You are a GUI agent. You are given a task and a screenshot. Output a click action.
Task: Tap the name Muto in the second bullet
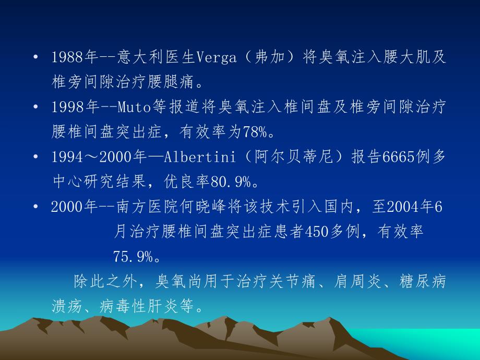(134, 107)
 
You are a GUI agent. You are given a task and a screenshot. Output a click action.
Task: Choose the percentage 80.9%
(233, 182)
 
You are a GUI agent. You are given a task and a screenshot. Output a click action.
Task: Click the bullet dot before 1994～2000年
(35, 157)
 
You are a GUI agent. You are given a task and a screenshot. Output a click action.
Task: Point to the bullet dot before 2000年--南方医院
(35, 207)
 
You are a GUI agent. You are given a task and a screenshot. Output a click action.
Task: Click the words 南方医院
(143, 207)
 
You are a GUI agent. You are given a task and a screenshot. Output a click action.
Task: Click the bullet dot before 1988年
(35, 57)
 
